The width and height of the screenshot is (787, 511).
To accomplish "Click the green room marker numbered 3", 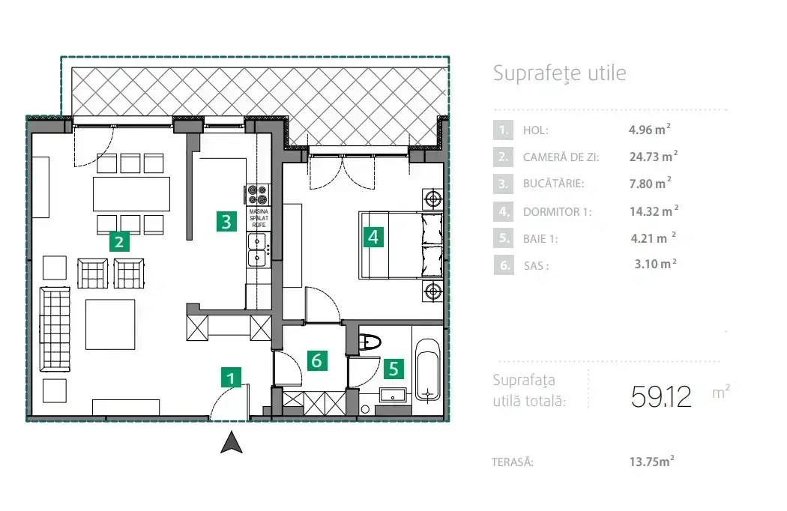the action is coord(226,221).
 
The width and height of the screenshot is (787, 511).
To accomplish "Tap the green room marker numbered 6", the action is coord(316,360).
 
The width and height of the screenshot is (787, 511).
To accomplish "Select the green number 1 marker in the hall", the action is coord(231,377).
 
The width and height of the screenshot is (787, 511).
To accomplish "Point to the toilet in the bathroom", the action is coord(370,342).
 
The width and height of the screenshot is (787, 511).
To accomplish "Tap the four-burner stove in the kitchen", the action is coord(258,194).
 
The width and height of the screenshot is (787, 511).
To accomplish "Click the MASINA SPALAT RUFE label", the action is coord(259,218).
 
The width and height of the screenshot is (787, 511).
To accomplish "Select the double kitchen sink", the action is coord(258,250).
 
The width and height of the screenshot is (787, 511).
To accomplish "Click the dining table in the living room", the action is coord(131,194).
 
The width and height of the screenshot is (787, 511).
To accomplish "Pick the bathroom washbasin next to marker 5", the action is coord(393,396).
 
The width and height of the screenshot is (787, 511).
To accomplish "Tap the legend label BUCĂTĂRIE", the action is coord(554,184).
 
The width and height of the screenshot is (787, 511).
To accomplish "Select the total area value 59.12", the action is coord(661,396).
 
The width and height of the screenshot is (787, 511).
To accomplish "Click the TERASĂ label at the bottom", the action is coord(513,462).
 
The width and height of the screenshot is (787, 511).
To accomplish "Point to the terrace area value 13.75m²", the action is coord(652,462).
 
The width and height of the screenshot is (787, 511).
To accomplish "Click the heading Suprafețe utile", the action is coord(560,73).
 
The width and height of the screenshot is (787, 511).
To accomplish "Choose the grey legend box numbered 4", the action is coord(503,211).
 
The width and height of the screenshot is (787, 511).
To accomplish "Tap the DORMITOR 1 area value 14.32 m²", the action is coord(654,211).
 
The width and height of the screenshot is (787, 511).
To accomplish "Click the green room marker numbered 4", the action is coord(373,237).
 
